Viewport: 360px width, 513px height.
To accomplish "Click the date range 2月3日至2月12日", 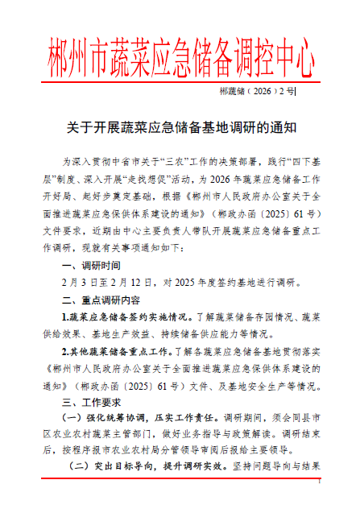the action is tap(106, 283).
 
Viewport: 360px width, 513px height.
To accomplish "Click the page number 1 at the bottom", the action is tap(319, 504).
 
